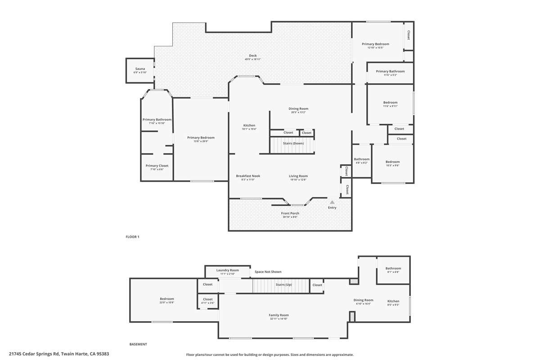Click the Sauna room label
pos(140,69)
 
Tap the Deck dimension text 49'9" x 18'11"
pos(253,59)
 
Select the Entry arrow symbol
pos(332,202)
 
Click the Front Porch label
pos(290,213)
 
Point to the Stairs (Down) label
pos(293,143)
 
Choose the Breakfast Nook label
pos(248,176)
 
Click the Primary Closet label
pos(157,166)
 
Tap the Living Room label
pos(298,176)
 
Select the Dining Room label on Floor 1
pos(298,108)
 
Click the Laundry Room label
pos(227,270)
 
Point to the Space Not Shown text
pos(268,272)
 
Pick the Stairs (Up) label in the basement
pos(283,284)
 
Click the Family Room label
pos(279,315)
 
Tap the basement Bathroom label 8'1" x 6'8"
pos(393,268)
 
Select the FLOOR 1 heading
pos(132,237)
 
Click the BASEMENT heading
pos(138,344)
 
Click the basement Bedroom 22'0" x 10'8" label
pos(166,299)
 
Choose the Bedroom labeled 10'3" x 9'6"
pos(392,162)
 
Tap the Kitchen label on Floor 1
pos(249,126)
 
